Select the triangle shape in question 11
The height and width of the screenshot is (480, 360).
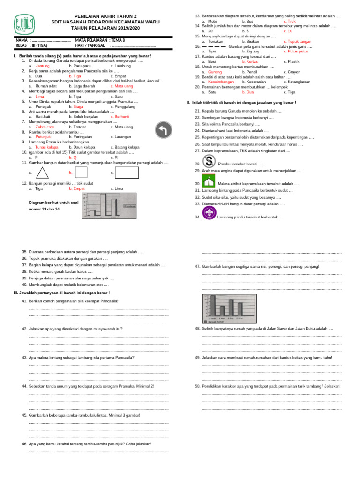pos(43,172)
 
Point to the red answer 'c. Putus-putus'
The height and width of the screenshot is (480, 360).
pos(298,51)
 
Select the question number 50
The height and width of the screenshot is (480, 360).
pos(197,386)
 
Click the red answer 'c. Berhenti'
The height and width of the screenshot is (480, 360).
pos(120,117)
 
